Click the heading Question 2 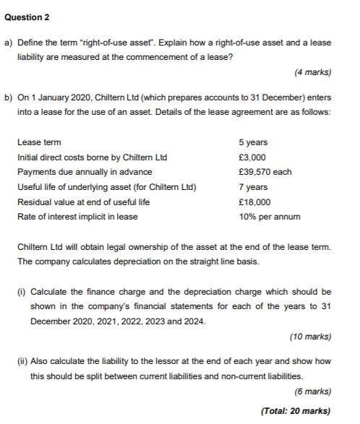[x=28, y=17]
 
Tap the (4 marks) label [x=312, y=72]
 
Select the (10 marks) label [x=310, y=337]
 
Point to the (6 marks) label [x=312, y=391]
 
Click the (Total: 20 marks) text [x=296, y=411]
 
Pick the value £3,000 [x=252, y=157]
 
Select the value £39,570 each [x=265, y=172]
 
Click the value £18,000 [x=254, y=202]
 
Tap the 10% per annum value [x=269, y=217]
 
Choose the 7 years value [x=252, y=187]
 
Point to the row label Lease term [x=39, y=142]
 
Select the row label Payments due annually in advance [x=85, y=172]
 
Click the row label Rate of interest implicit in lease [x=77, y=217]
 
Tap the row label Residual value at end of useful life [x=83, y=202]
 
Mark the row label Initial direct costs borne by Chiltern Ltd [x=92, y=157]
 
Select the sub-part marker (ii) [x=22, y=360]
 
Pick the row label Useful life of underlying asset [x=106, y=187]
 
